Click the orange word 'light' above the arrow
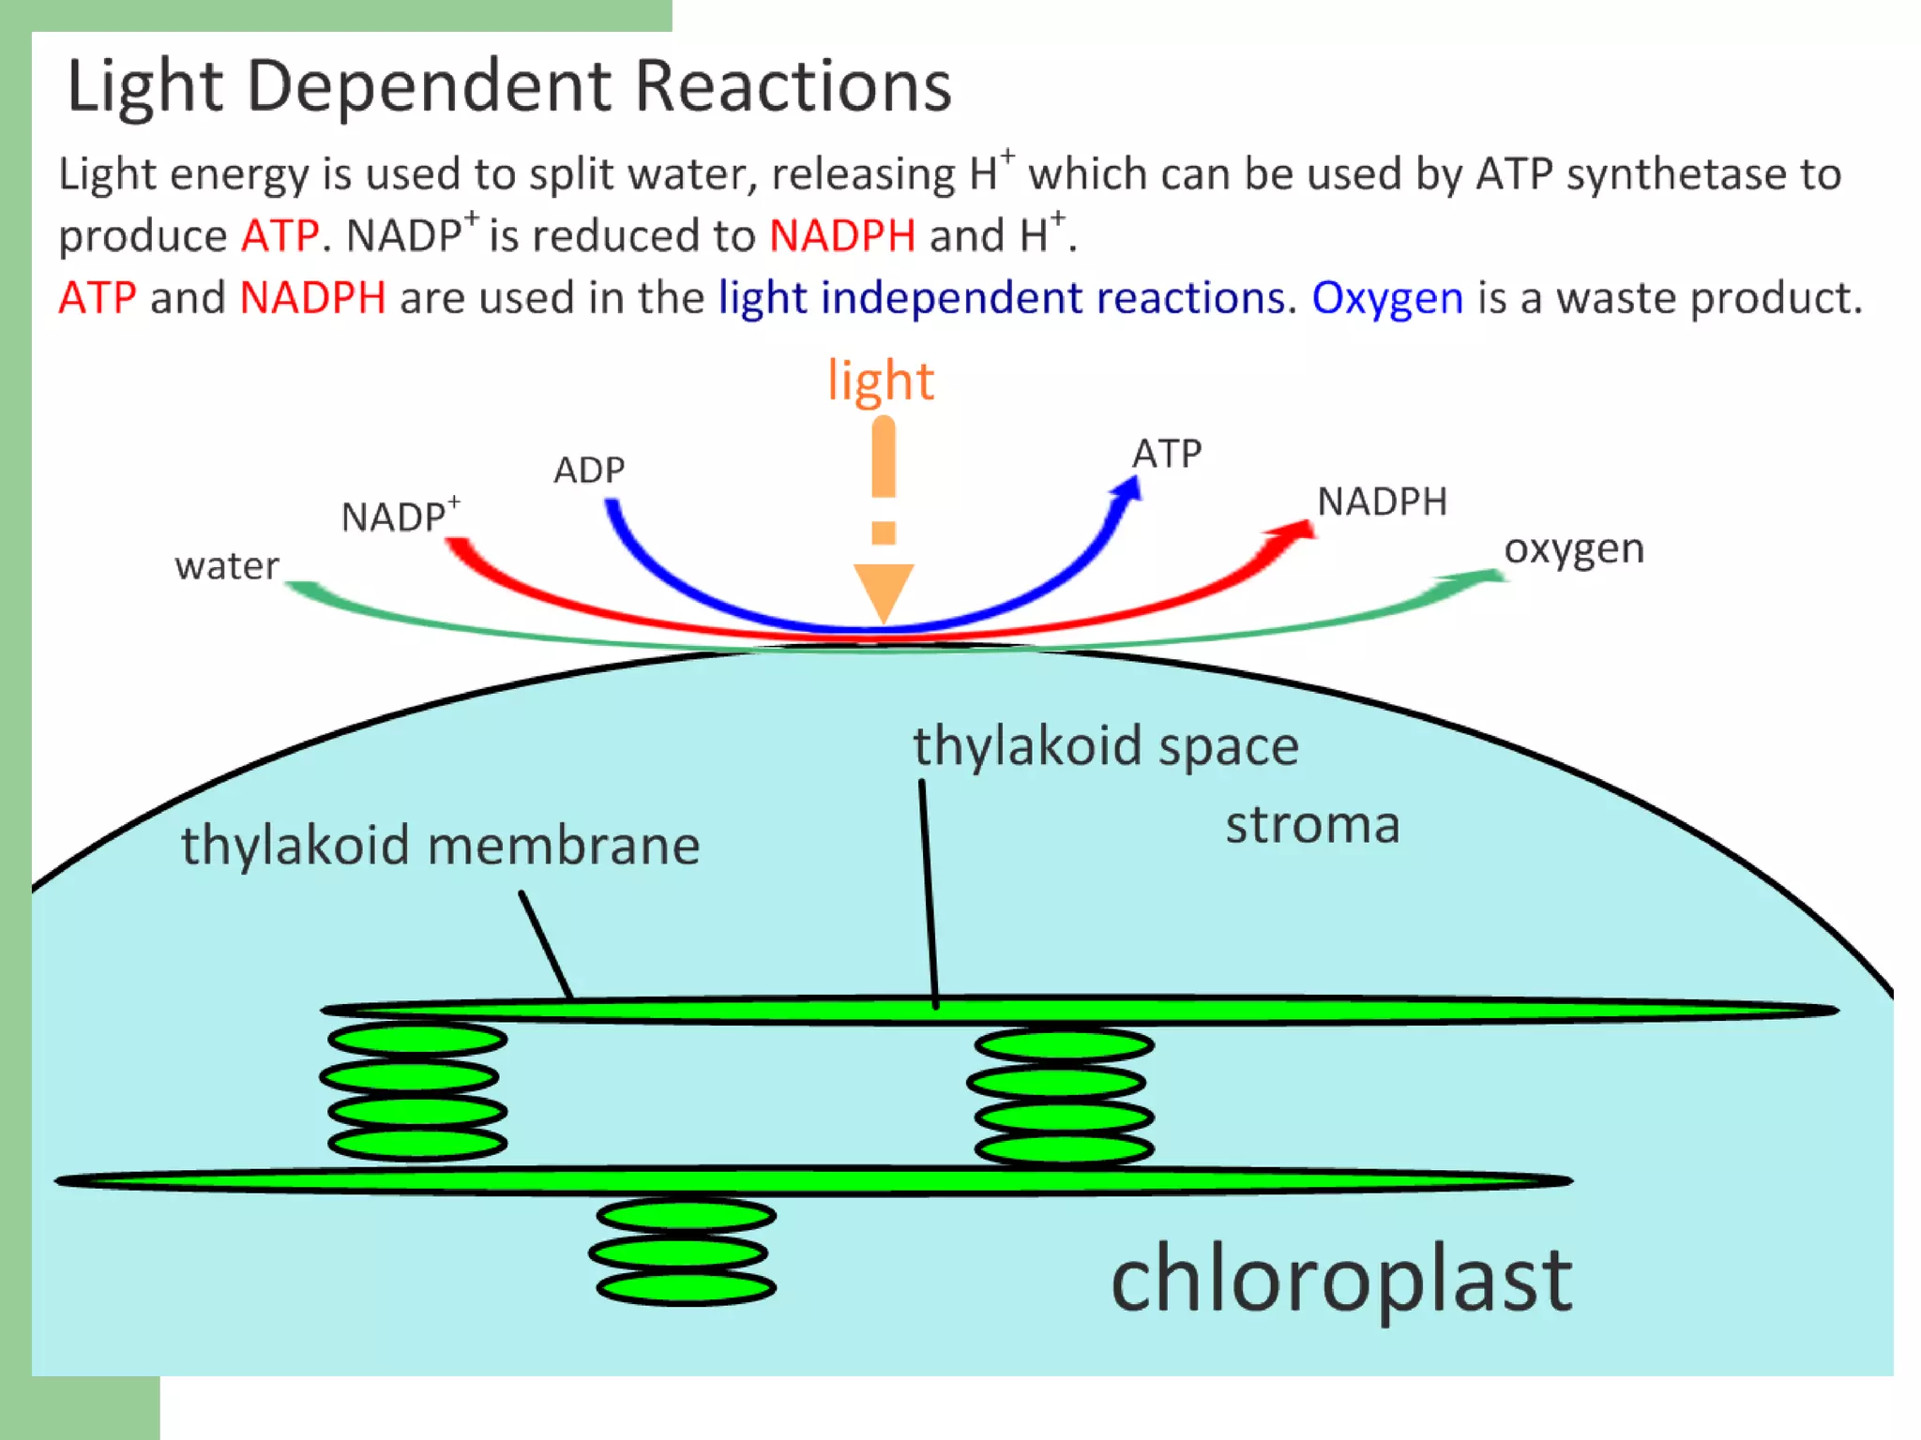(x=880, y=382)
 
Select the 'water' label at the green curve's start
(x=227, y=566)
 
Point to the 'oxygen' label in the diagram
(x=1574, y=548)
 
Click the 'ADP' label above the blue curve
(x=589, y=470)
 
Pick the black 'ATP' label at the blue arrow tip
(x=1167, y=454)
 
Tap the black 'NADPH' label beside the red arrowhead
(x=1382, y=502)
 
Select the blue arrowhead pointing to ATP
(x=1127, y=489)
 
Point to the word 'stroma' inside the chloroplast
(x=1312, y=825)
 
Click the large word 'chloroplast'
(x=1341, y=1280)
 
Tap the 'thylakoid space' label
(x=1106, y=746)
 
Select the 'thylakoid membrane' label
(x=440, y=845)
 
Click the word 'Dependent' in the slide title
(x=429, y=86)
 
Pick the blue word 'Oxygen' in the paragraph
(x=1386, y=298)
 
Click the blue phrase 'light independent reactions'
(x=1001, y=298)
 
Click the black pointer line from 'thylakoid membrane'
(x=546, y=944)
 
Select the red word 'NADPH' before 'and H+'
(x=841, y=235)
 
